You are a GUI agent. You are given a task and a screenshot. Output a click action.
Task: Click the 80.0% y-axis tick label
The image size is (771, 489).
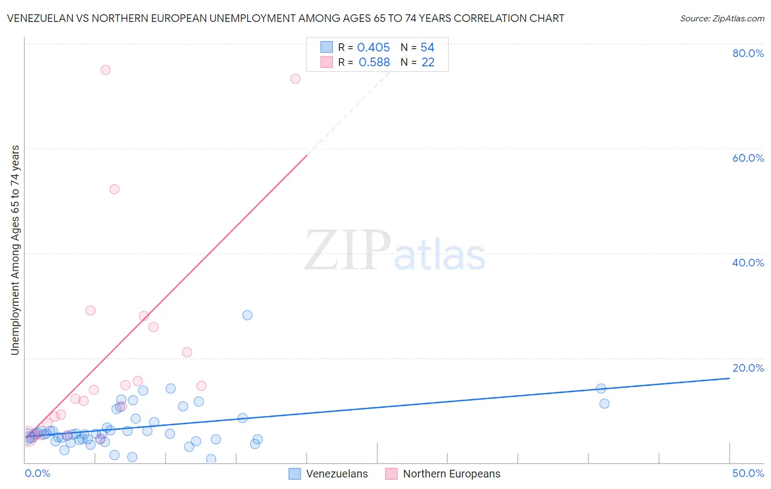tap(748, 53)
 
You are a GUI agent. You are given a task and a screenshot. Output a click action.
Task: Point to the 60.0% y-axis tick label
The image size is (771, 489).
tap(748, 158)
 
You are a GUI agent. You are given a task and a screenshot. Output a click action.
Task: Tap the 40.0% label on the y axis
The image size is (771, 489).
tap(748, 263)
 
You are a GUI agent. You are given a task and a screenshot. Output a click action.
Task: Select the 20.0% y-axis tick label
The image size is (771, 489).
tap(748, 368)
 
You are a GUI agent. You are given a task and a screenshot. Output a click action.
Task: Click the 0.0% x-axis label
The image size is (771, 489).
tap(37, 473)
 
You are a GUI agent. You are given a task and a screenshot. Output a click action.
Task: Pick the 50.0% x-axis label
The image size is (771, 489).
tap(748, 473)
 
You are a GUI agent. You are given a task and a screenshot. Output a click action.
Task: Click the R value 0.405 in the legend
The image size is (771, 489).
tap(373, 48)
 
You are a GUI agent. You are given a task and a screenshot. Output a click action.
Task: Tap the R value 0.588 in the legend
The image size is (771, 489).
tap(374, 62)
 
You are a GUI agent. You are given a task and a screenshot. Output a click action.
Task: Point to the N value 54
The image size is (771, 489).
tap(427, 48)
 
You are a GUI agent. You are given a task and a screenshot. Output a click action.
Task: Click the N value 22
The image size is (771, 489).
tap(428, 62)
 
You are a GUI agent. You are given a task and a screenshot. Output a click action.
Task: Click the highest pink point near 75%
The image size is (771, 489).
tap(105, 70)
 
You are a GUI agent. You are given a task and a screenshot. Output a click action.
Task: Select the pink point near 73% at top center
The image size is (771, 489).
tap(295, 78)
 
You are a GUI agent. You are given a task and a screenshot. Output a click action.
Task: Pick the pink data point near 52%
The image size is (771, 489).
tap(114, 189)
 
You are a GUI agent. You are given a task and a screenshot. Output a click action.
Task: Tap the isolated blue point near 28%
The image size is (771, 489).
tap(247, 315)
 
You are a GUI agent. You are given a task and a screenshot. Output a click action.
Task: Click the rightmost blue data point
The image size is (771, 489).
tap(604, 403)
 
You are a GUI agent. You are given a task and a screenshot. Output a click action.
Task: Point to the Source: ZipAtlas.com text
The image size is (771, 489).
tap(722, 18)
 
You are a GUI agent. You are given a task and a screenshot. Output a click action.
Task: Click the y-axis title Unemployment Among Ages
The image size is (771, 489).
tap(15, 249)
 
